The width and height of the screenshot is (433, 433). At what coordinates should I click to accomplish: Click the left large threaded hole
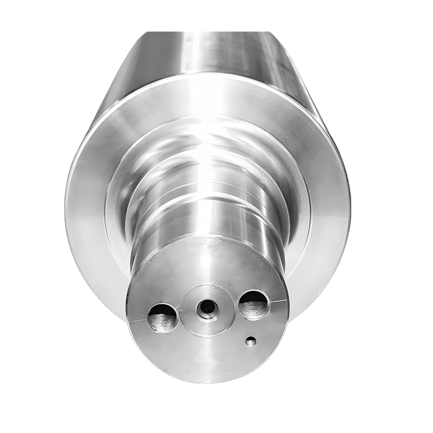coord(161,318)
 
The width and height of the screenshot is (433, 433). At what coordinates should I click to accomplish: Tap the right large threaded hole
coord(253,304)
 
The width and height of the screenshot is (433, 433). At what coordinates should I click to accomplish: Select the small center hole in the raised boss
coord(207,306)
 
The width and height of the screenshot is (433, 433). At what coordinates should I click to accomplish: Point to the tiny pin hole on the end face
coord(250,340)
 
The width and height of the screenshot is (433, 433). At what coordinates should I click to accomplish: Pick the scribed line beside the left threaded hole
coord(137,320)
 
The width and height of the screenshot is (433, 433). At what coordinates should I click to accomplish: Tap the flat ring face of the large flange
coord(93,204)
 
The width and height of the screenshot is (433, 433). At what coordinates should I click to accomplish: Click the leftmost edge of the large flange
coord(66,204)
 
